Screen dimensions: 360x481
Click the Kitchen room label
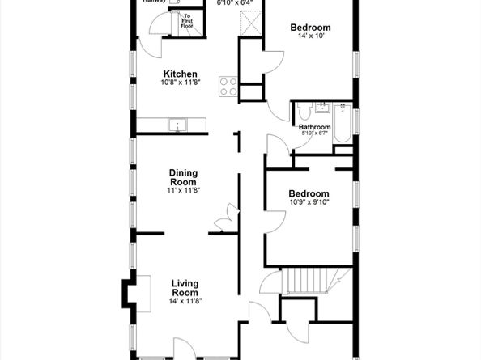point(180,74)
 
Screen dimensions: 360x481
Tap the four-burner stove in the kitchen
point(228,86)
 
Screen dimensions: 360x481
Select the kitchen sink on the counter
point(178,125)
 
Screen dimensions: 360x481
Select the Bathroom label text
point(314,127)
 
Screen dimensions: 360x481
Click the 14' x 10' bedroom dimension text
point(312,37)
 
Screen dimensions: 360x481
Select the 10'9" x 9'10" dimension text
point(309,204)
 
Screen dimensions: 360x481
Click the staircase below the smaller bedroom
point(307,282)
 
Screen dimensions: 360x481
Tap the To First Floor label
point(186,20)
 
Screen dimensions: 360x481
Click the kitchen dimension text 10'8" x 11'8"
point(180,83)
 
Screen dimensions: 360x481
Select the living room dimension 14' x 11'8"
point(185,301)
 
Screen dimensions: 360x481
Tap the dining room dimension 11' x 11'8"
point(184,190)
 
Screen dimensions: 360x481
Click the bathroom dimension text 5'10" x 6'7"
point(314,135)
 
